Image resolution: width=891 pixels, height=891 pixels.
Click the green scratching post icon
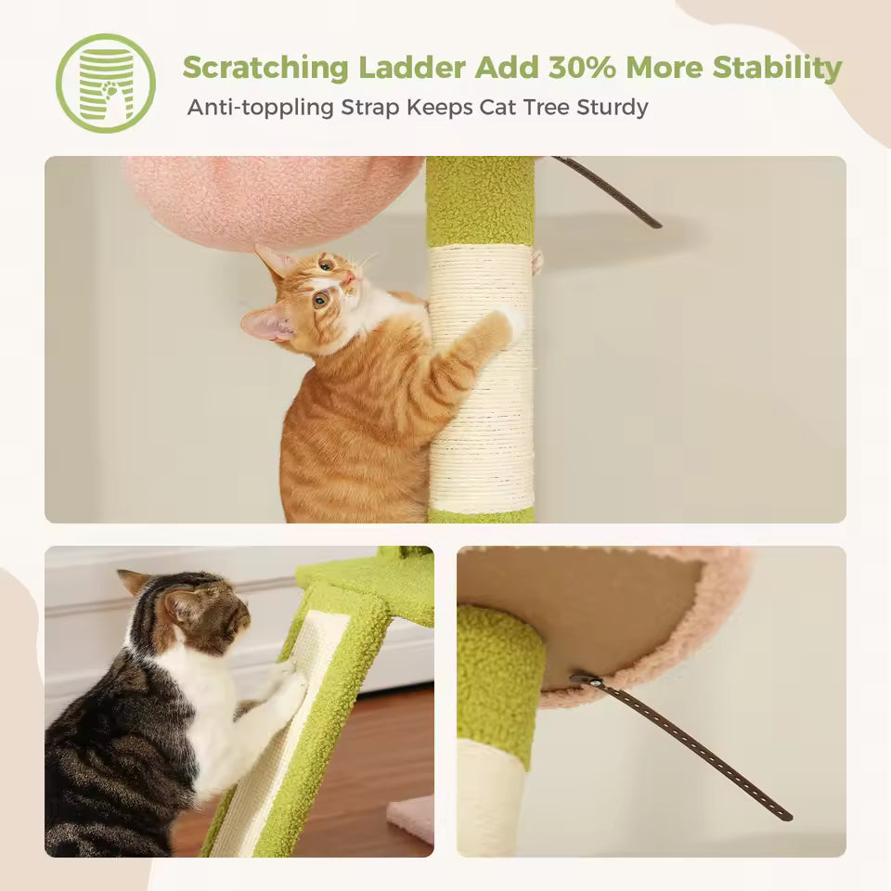click(x=105, y=83)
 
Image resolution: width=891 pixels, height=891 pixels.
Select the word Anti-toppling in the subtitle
click(x=261, y=107)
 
